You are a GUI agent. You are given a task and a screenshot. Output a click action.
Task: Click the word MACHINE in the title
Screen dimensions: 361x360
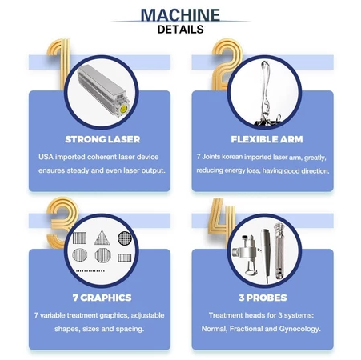point(180,15)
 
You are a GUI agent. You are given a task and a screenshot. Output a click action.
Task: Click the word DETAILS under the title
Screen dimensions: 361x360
point(181,30)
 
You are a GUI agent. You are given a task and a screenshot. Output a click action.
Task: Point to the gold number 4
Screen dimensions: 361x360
point(223,218)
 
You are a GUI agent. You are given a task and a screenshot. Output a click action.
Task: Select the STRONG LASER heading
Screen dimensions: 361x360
point(102,139)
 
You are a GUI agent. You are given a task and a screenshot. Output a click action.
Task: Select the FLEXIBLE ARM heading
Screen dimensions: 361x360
point(267,139)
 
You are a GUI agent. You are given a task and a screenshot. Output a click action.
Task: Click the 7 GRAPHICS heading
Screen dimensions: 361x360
point(102,298)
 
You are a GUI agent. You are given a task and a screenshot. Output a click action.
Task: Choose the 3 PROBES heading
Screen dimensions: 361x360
point(263,298)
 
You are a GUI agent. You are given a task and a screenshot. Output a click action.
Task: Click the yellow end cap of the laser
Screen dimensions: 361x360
point(124,109)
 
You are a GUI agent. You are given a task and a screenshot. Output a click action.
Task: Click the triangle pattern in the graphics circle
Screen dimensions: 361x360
point(102,238)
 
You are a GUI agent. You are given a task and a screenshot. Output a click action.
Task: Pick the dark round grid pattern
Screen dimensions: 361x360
point(125,238)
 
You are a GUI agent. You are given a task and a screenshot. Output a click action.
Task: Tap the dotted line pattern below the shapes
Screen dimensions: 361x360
point(90,271)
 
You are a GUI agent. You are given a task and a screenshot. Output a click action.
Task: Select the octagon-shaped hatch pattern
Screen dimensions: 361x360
point(103,255)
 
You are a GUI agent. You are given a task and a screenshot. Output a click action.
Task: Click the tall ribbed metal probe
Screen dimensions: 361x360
point(279,251)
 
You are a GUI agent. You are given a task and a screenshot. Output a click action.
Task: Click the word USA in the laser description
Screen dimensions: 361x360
point(46,157)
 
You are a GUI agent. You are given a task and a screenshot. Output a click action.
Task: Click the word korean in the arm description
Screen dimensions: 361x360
point(232,157)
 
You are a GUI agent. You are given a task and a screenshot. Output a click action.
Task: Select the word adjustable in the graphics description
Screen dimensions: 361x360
point(147,315)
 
